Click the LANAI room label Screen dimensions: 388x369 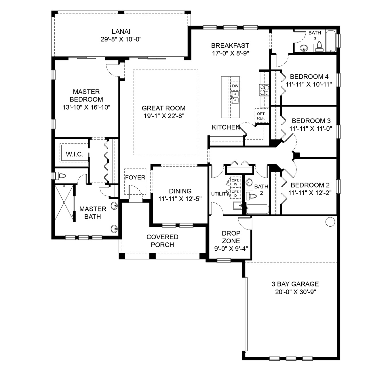point(121,32)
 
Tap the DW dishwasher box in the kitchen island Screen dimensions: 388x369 point(235,86)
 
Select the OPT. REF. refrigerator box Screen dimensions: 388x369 point(261,116)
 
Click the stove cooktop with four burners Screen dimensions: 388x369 point(264,90)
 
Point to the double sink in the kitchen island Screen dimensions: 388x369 point(235,97)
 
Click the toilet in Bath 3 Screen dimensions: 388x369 point(319,47)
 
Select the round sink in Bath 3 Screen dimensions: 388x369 point(304,48)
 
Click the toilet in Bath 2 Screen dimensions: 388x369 point(251,196)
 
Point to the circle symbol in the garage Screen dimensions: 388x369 point(330,222)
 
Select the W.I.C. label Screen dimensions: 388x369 point(75,154)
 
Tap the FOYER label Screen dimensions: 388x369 point(135,177)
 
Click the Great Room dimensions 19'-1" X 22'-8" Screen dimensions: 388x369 point(164,116)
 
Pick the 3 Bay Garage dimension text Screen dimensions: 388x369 point(296,292)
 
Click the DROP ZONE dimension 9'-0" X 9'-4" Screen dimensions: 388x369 point(231,248)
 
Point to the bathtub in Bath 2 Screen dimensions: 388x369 point(258,209)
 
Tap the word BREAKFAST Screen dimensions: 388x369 point(230,45)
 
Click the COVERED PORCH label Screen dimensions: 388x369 point(162,241)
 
